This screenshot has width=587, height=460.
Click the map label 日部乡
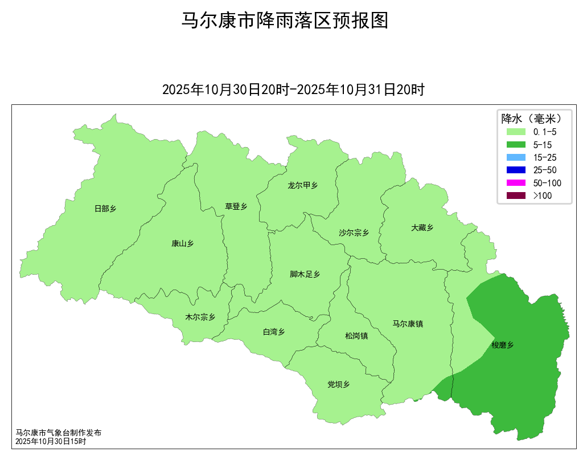click(105, 209)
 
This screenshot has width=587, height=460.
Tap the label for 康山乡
click(182, 243)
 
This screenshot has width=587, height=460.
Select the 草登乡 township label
click(236, 206)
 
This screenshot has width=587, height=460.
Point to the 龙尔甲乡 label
click(302, 185)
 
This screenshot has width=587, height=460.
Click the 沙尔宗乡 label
click(354, 233)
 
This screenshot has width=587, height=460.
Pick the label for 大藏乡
click(422, 227)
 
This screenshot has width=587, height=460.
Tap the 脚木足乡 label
click(305, 274)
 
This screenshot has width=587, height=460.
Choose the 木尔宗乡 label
click(200, 317)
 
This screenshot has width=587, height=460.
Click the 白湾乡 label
click(273, 332)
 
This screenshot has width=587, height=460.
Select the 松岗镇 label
click(356, 336)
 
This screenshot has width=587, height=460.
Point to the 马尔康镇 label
click(408, 324)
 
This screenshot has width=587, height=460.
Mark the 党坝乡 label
click(338, 384)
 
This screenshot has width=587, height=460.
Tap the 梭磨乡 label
click(503, 345)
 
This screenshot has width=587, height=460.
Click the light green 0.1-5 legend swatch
click(515, 132)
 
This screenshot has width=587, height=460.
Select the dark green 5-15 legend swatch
click(515, 145)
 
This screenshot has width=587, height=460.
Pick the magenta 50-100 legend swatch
click(515, 183)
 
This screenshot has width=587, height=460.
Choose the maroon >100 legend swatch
click(515, 196)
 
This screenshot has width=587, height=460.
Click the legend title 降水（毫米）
click(531, 119)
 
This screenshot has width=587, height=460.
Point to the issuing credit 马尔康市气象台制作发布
click(59, 433)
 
